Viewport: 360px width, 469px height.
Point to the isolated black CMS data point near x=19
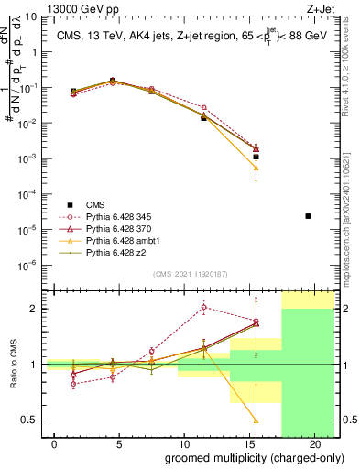(x=308, y=216)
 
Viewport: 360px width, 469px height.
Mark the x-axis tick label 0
(x=55, y=444)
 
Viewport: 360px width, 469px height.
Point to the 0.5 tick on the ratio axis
(x=29, y=420)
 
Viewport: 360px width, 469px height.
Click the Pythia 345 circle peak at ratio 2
(x=203, y=308)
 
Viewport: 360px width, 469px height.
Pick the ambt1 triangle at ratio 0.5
(x=256, y=420)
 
